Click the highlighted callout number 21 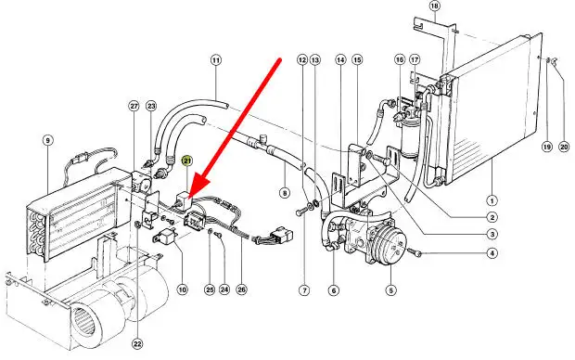[187, 161]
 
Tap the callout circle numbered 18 [435, 6]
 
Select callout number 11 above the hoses [216, 59]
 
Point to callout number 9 [47, 140]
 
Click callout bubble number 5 [391, 290]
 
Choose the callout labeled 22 [137, 344]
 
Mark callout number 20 [564, 147]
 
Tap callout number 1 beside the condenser [492, 200]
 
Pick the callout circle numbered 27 [134, 106]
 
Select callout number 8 [284, 192]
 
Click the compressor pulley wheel [392, 248]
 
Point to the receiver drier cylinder [408, 137]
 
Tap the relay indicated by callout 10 [165, 235]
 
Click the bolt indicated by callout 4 [415, 253]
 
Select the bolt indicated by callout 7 [300, 212]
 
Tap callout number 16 [400, 59]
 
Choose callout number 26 [241, 289]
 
